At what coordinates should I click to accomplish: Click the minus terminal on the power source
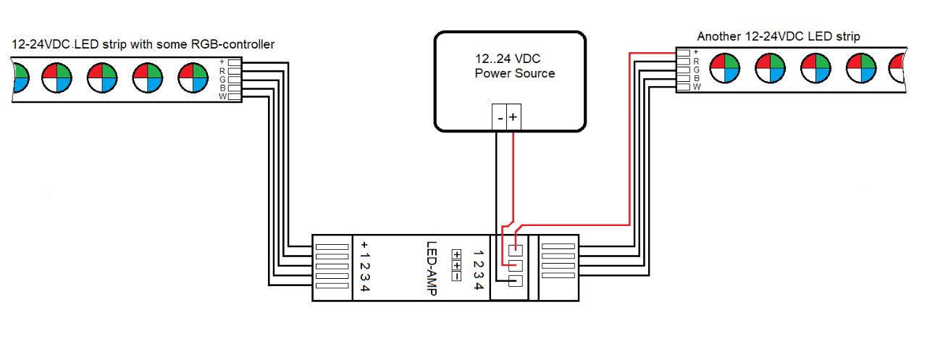tap(499, 117)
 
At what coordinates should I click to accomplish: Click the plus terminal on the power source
tap(513, 117)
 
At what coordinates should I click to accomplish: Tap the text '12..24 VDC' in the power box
tap(508, 59)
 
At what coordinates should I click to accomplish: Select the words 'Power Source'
tap(515, 74)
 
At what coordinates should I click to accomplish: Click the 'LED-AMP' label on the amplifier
tap(432, 269)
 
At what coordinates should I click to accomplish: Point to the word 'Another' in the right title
tap(719, 36)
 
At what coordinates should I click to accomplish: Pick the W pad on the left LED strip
tap(234, 97)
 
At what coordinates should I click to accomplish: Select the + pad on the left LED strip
tap(234, 62)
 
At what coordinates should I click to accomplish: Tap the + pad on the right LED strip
tap(683, 53)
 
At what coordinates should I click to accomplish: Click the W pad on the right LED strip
tap(683, 87)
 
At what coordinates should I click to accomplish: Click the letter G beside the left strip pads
tap(222, 80)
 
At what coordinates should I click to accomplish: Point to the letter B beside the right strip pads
tap(697, 78)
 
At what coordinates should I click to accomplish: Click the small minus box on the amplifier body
tap(456, 277)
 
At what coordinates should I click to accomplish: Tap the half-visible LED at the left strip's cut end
tap(21, 78)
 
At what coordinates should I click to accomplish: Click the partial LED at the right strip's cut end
tap(897, 68)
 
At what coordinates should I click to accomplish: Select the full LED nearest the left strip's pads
tap(193, 78)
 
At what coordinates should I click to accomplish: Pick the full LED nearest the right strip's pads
tap(725, 68)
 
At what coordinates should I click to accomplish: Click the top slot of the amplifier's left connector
tap(332, 247)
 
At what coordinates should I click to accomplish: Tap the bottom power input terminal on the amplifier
tap(515, 281)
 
